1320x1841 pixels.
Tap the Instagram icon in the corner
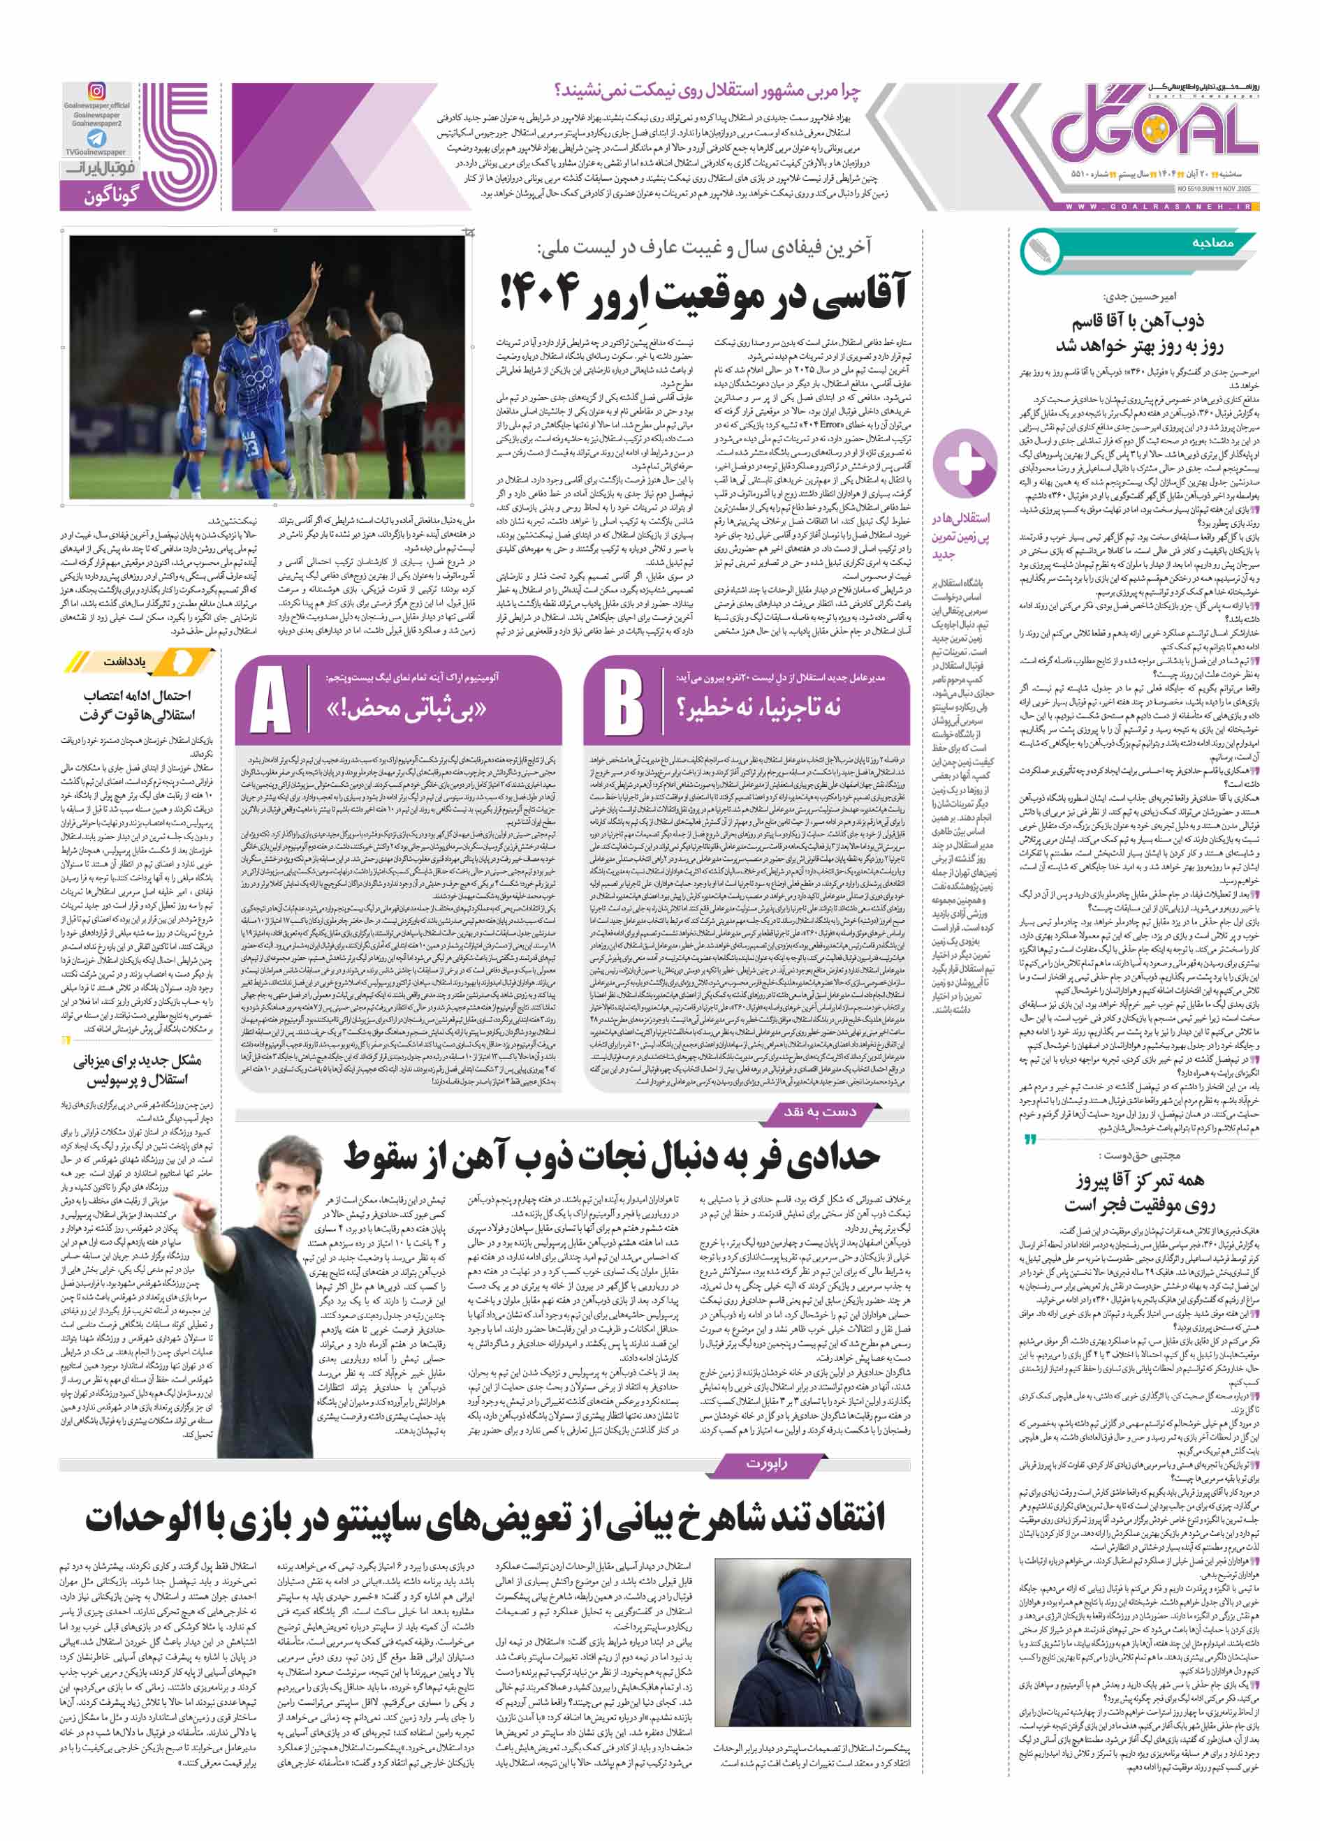(96, 91)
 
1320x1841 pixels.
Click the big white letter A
(270, 700)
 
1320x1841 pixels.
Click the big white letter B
(624, 700)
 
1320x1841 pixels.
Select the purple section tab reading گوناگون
(111, 195)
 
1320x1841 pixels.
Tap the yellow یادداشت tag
(125, 662)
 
